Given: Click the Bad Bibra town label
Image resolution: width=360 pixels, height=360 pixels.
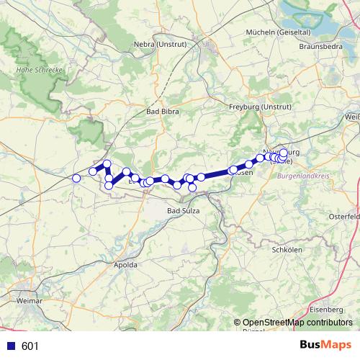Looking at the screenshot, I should pyautogui.click(x=163, y=112).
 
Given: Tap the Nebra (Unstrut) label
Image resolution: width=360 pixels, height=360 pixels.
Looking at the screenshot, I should pyautogui.click(x=160, y=45).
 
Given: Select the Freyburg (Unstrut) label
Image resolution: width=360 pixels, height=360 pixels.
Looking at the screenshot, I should pyautogui.click(x=253, y=107).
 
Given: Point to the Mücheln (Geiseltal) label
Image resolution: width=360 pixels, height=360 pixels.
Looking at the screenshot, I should pyautogui.click(x=278, y=32).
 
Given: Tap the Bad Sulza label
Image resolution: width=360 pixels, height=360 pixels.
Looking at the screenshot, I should pyautogui.click(x=183, y=210).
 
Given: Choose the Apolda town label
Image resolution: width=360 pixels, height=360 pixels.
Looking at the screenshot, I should pyautogui.click(x=126, y=265).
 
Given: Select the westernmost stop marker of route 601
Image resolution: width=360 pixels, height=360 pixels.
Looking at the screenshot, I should pyautogui.click(x=76, y=178).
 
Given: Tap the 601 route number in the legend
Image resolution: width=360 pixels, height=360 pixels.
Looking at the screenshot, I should pyautogui.click(x=30, y=346).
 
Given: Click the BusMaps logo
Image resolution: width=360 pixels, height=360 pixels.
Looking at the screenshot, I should pyautogui.click(x=323, y=346).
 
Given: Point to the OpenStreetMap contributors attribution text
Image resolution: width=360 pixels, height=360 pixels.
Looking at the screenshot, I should pyautogui.click(x=297, y=323).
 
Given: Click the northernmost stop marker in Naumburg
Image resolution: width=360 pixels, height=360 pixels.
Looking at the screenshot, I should pyautogui.click(x=284, y=153).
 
